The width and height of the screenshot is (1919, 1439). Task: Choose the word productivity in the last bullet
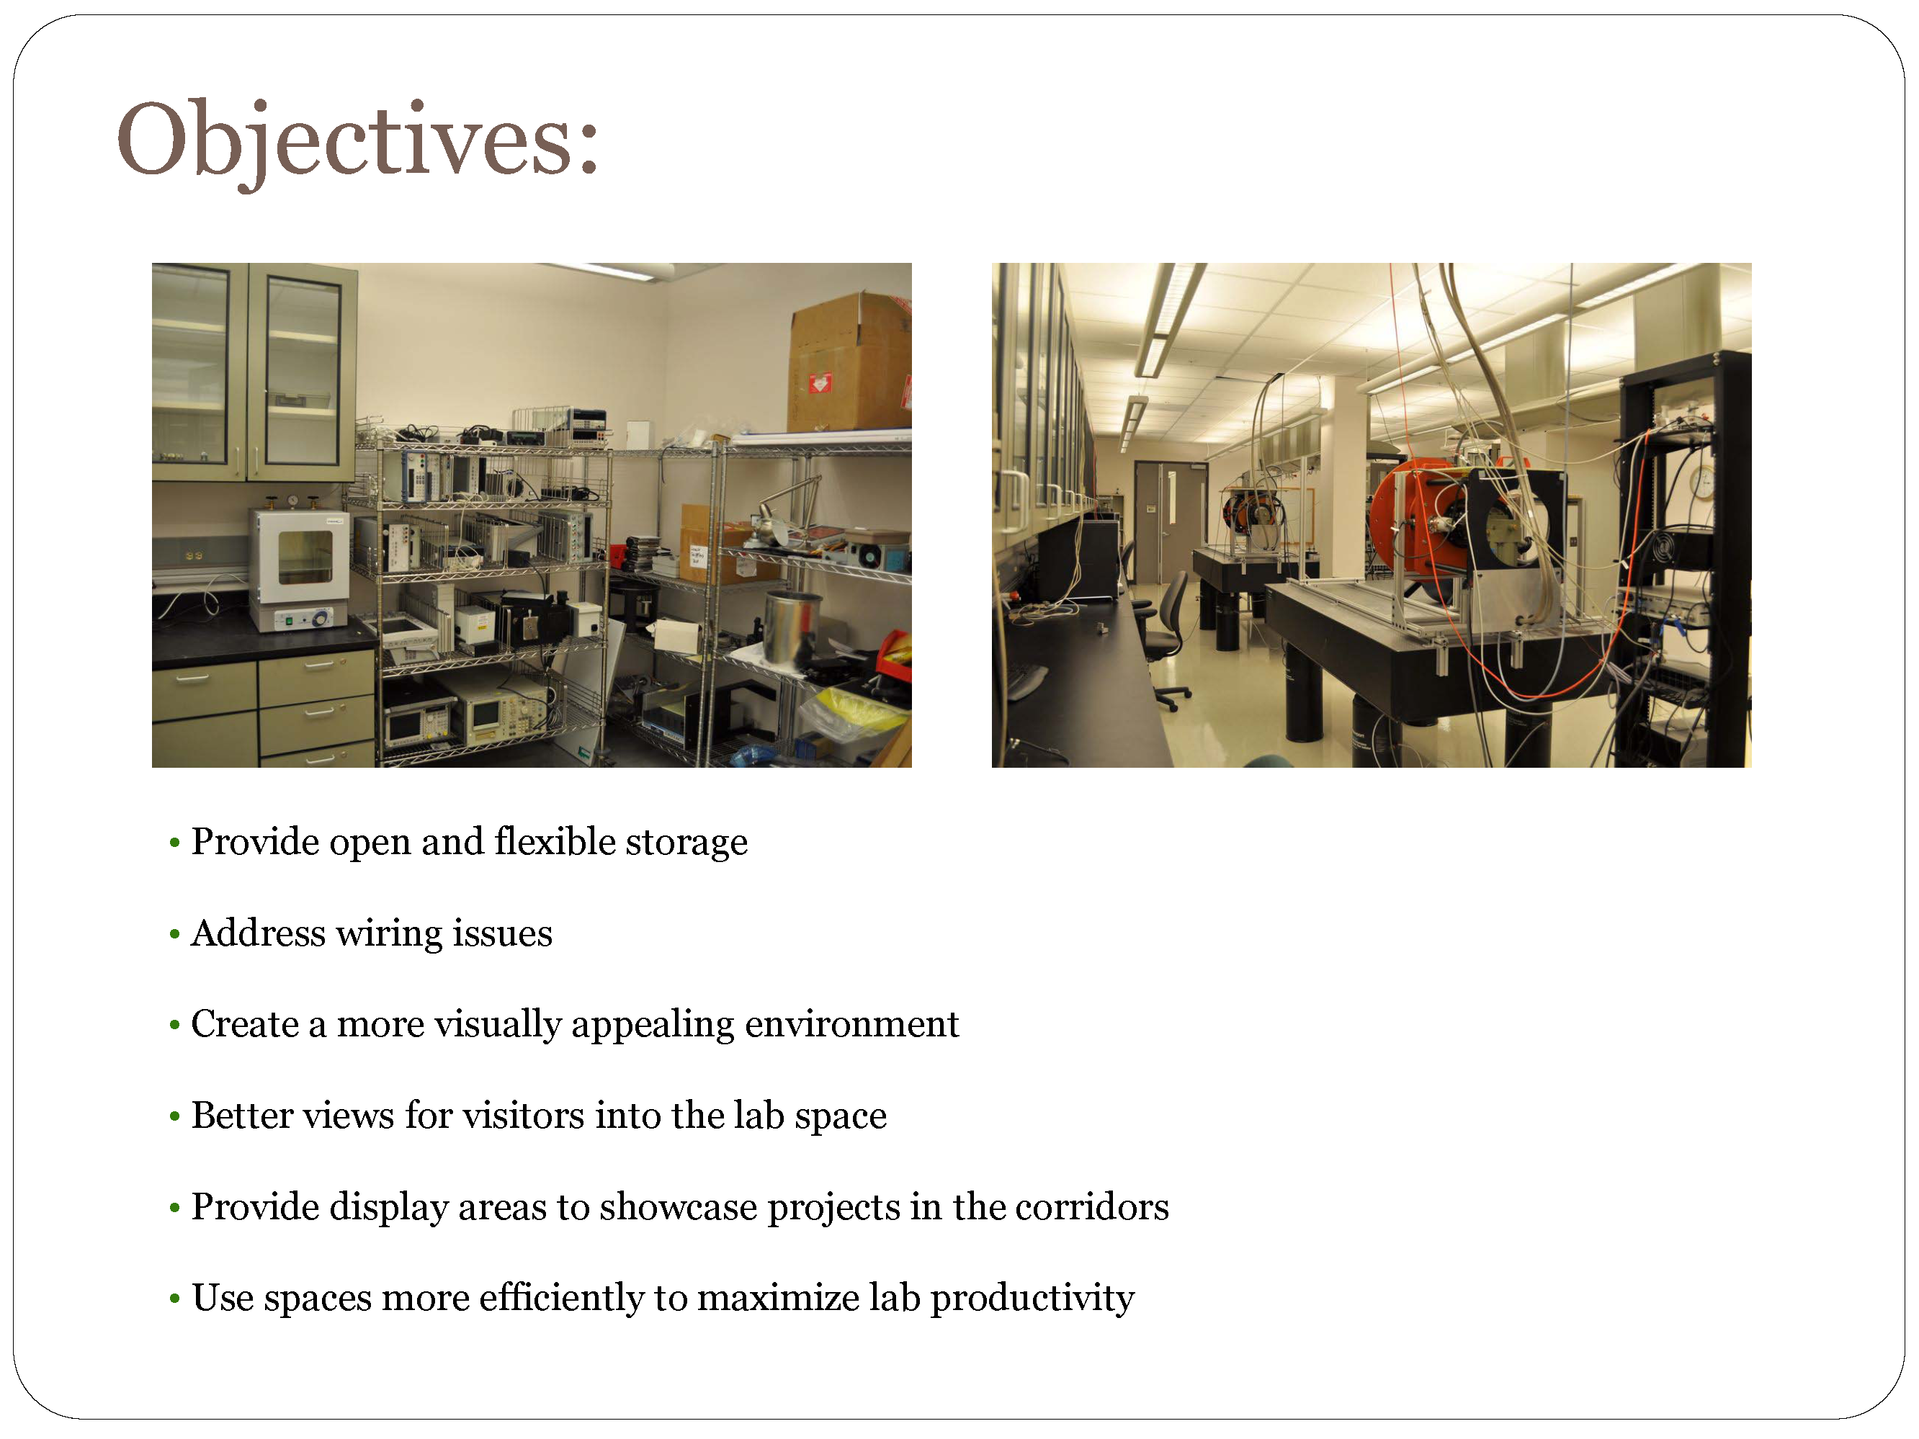click(1032, 1299)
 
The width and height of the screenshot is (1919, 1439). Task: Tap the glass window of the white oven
click(305, 557)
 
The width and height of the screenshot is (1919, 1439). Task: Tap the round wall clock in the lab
click(1703, 483)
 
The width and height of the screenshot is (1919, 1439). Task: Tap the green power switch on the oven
click(290, 621)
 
